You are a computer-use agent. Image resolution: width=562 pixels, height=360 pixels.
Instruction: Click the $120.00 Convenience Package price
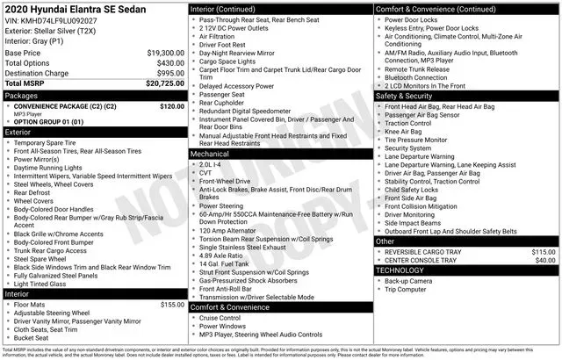point(171,106)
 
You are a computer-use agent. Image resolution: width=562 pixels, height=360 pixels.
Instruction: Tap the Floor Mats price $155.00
point(171,305)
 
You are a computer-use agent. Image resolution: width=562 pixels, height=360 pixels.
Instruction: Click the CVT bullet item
point(208,173)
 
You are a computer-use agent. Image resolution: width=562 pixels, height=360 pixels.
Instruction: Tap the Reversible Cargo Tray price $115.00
point(544,251)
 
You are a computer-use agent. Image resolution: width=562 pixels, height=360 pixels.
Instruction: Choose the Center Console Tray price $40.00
point(546,260)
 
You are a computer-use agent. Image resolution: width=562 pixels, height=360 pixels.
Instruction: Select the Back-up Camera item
point(408,280)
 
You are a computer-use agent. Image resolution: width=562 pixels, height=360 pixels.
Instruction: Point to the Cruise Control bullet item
point(227,319)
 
